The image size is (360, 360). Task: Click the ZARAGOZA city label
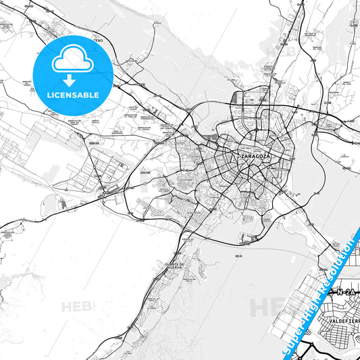pyautogui.click(x=254, y=156)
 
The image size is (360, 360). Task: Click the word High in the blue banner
pyautogui.click(x=313, y=301)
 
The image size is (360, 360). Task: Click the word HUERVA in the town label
pyautogui.click(x=174, y=269)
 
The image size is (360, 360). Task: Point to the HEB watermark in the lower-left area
pyautogui.click(x=78, y=306)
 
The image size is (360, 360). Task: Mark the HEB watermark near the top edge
pyautogui.click(x=276, y=51)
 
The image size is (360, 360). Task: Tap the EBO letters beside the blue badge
pyautogui.click(x=99, y=41)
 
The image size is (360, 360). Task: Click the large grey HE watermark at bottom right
pyautogui.click(x=263, y=307)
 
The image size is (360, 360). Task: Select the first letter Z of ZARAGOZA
pyautogui.click(x=242, y=156)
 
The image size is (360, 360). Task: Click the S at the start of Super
pyautogui.click(x=284, y=343)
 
